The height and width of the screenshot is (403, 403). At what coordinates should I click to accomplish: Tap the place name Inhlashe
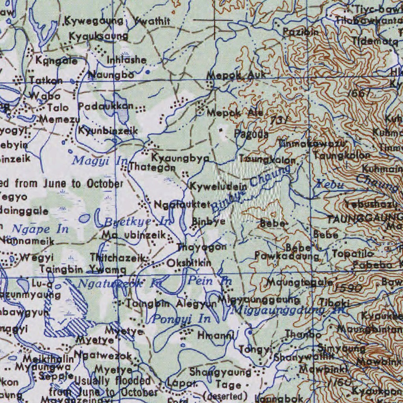[x=127, y=60]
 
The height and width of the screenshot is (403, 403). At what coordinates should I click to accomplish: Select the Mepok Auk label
[x=236, y=75]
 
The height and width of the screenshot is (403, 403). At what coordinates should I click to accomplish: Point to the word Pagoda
[x=251, y=134]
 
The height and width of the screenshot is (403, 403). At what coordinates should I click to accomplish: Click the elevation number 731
[x=279, y=120]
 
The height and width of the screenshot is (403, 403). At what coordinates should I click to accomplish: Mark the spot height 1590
[x=347, y=288]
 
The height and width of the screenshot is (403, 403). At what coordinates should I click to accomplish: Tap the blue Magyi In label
[x=100, y=160]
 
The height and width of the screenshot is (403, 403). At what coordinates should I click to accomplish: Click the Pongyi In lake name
[x=181, y=319]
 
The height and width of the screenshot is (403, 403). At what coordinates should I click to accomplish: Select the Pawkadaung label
[x=287, y=256]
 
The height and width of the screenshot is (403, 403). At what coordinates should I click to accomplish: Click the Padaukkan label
[x=106, y=106]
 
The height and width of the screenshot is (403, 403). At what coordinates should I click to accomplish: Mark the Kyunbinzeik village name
[x=108, y=130]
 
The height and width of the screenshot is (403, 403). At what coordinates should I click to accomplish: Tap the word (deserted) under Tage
[x=225, y=396]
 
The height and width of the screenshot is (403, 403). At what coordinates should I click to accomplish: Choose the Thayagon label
[x=201, y=247]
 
